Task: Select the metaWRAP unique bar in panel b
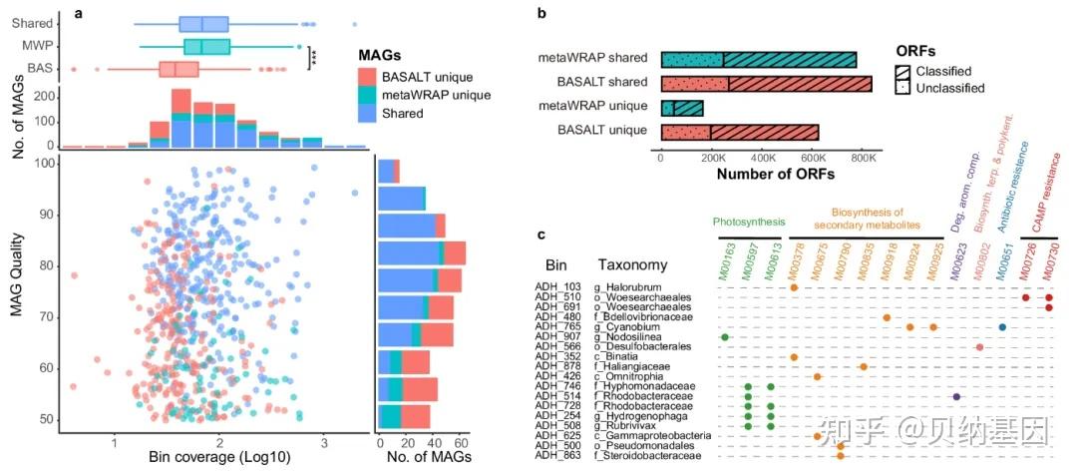[x=682, y=107]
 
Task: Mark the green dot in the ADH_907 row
[x=725, y=337]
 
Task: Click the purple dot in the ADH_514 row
[x=956, y=396]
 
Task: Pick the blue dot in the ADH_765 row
[x=1002, y=327]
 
